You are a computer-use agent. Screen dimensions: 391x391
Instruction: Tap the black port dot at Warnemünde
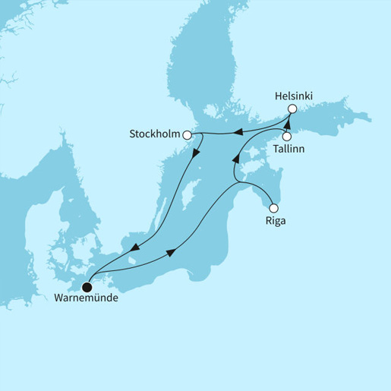click(87, 288)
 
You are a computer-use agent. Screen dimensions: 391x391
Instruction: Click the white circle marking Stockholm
click(186, 134)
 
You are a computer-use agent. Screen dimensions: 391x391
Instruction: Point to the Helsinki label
click(294, 96)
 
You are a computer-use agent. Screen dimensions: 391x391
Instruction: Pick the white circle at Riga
click(274, 207)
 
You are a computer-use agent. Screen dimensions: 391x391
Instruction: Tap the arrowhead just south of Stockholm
click(197, 153)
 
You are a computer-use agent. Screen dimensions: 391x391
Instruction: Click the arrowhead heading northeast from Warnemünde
click(169, 251)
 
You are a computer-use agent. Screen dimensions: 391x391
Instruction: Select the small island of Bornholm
click(131, 263)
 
